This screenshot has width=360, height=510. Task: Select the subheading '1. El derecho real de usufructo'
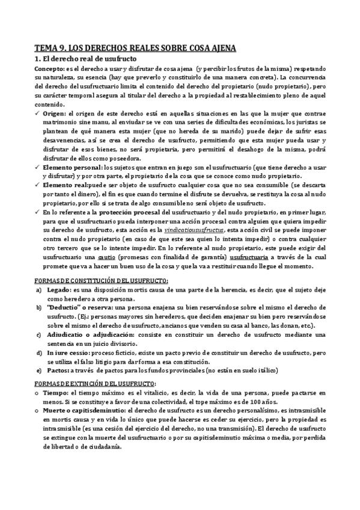point(86,59)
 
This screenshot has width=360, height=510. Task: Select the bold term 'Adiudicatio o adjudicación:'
point(90,333)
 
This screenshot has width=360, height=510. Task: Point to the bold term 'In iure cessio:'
point(69,351)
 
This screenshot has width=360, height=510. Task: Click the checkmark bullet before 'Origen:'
point(38,114)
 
